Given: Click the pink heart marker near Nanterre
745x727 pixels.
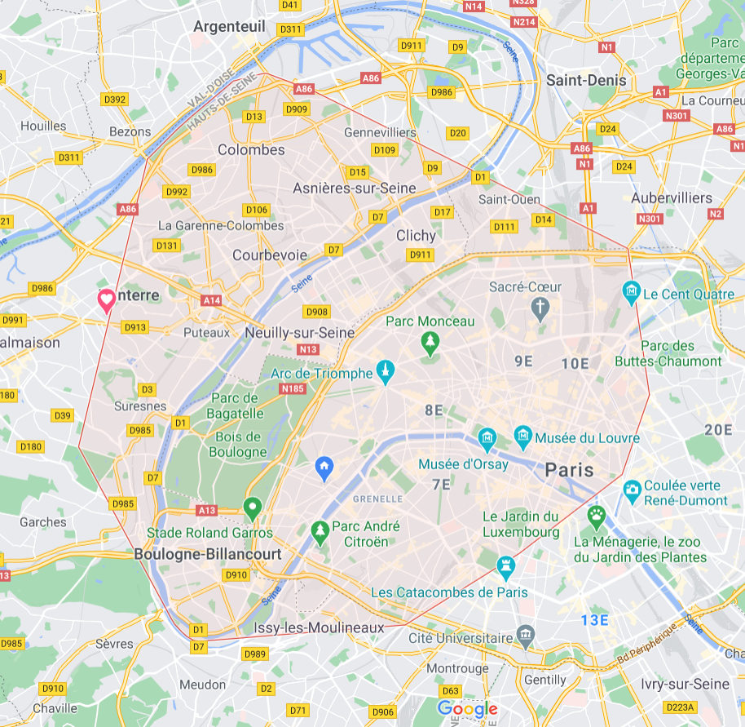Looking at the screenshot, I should (x=106, y=300).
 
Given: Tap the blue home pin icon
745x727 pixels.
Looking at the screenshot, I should (x=324, y=468).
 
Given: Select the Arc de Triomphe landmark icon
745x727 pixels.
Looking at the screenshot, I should (x=386, y=373).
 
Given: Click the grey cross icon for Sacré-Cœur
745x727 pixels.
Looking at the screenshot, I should (x=539, y=308).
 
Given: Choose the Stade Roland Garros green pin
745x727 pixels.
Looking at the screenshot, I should (x=253, y=509).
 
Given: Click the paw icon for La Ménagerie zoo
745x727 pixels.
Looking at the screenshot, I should (x=597, y=516).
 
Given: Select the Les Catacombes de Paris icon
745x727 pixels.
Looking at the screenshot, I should (x=506, y=565).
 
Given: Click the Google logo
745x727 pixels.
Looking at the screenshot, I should (x=467, y=708).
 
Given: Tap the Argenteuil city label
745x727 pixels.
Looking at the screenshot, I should (x=231, y=27).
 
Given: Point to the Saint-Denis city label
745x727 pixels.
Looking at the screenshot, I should (x=586, y=80).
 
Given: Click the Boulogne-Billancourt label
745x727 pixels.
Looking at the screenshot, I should (x=207, y=554).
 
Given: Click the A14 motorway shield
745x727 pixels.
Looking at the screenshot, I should (x=212, y=300).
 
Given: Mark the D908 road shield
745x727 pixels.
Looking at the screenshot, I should (x=316, y=312).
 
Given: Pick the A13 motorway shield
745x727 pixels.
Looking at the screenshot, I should (x=207, y=510).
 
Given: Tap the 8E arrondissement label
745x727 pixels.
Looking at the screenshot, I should (x=434, y=410).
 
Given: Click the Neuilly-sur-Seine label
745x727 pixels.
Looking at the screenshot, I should (x=300, y=333).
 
